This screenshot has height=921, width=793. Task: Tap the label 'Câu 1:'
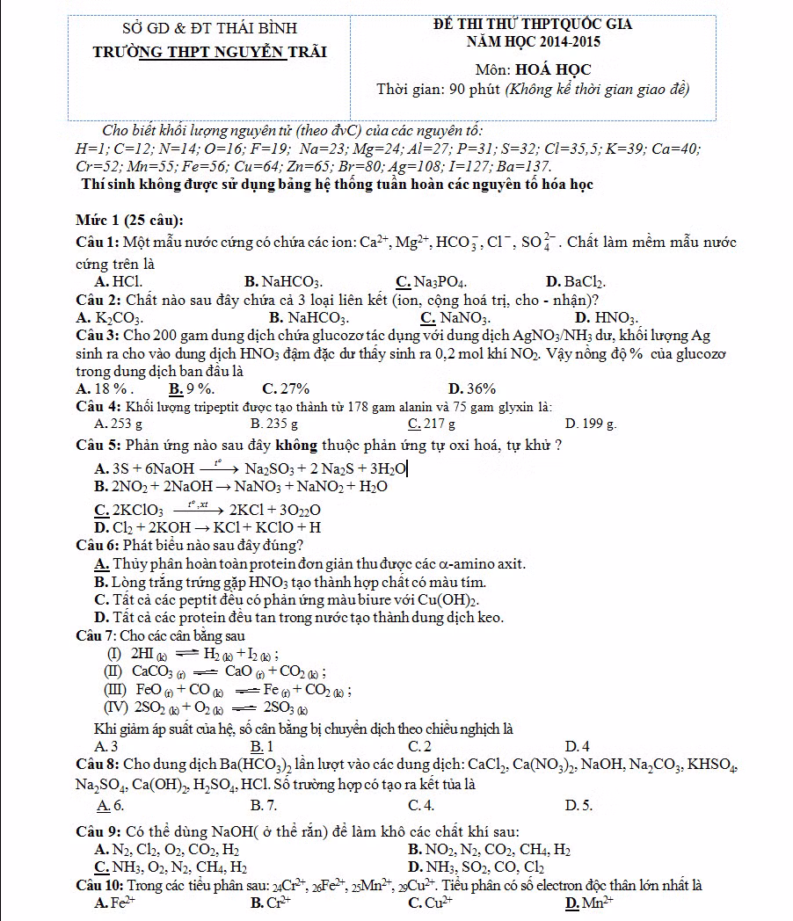[98, 242]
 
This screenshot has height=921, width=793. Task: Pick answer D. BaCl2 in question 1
[576, 282]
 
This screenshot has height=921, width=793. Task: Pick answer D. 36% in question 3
[472, 388]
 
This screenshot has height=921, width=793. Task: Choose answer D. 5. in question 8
[579, 804]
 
